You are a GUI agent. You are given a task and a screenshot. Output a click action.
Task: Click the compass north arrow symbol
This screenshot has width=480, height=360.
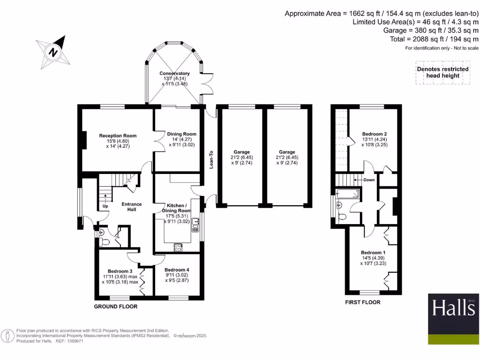(54, 52)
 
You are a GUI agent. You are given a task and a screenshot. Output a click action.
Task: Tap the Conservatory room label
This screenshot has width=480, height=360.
(174, 74)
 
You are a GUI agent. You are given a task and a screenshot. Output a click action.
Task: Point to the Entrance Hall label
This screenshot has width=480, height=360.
(132, 207)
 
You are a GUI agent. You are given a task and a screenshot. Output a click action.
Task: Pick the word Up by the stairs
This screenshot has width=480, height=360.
(105, 206)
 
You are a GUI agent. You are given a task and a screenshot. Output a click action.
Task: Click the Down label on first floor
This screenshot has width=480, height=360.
(369, 180)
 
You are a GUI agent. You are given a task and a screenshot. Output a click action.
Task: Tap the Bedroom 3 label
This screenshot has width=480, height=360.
(120, 271)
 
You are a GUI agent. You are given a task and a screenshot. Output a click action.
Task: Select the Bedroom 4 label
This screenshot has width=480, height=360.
(177, 270)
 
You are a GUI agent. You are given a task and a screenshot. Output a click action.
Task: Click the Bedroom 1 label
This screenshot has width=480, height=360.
(373, 253)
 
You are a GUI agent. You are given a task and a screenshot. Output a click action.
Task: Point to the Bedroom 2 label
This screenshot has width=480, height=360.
(375, 134)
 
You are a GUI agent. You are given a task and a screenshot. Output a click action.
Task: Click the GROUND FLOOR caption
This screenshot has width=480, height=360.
(116, 307)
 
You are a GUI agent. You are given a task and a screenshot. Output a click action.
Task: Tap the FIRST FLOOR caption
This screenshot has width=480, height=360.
(363, 302)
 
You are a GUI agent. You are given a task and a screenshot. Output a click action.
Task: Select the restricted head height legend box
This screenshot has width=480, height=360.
(442, 72)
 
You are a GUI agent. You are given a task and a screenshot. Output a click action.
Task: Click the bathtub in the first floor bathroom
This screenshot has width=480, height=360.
(347, 193)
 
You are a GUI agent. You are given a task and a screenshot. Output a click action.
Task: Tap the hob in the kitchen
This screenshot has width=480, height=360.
(178, 247)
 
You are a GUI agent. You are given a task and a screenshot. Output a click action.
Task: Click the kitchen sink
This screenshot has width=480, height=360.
(195, 228)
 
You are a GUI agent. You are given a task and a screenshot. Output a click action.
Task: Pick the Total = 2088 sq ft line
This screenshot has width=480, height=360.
(434, 39)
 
